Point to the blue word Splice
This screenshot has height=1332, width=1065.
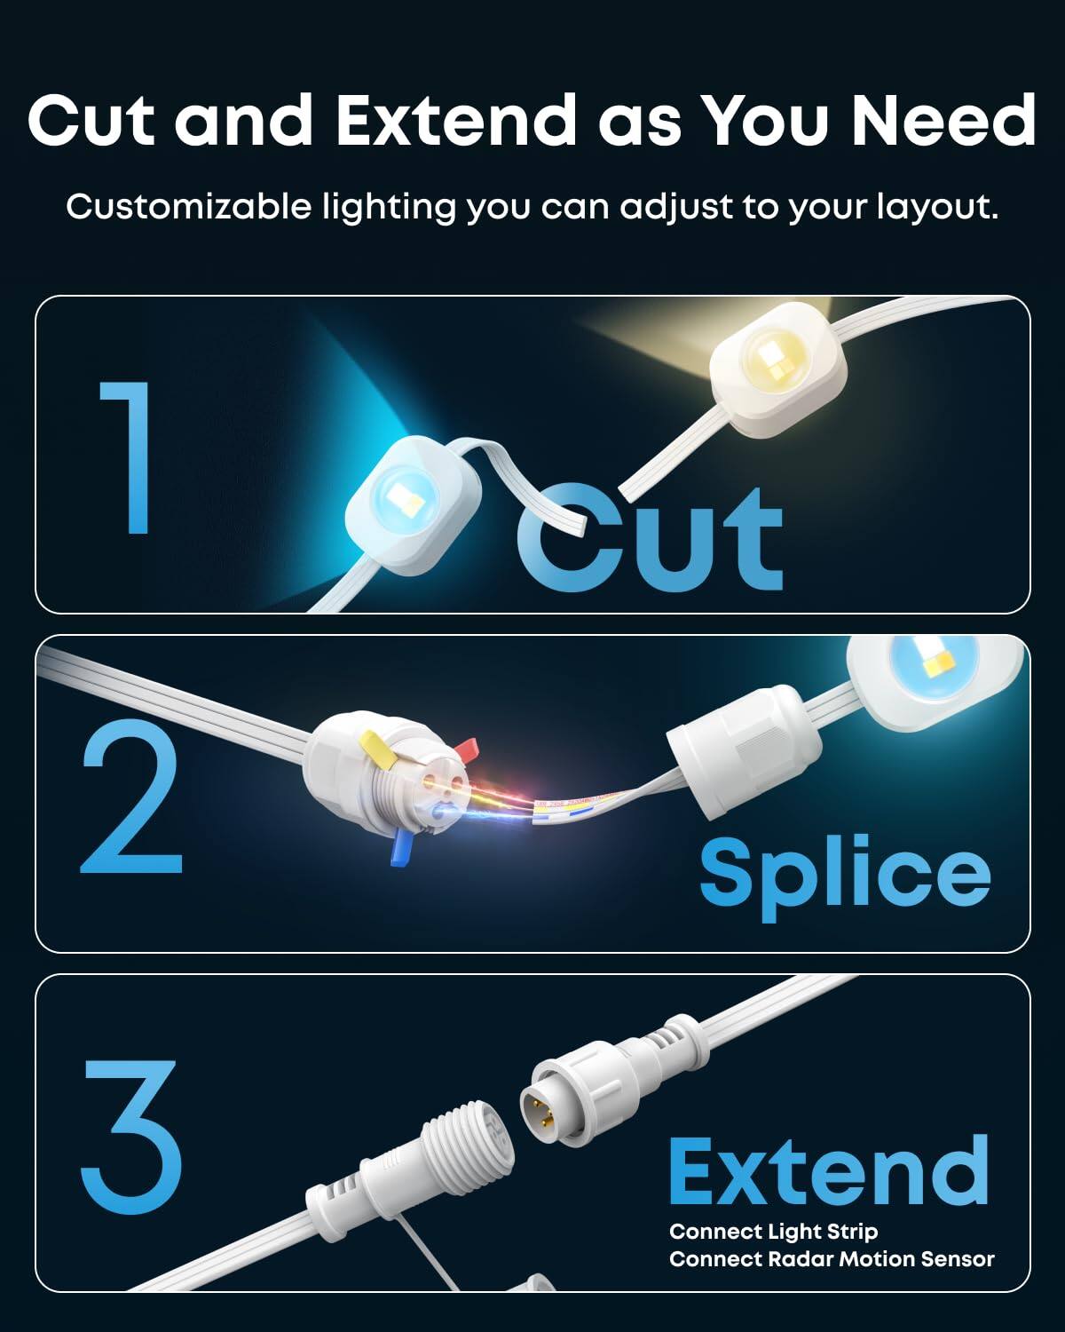[844, 873]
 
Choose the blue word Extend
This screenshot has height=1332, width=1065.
[828, 1169]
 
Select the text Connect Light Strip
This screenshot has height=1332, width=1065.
[773, 1232]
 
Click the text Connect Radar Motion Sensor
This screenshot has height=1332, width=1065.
[832, 1259]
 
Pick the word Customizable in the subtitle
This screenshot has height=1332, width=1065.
[189, 207]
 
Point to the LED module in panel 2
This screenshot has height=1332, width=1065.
[934, 683]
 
